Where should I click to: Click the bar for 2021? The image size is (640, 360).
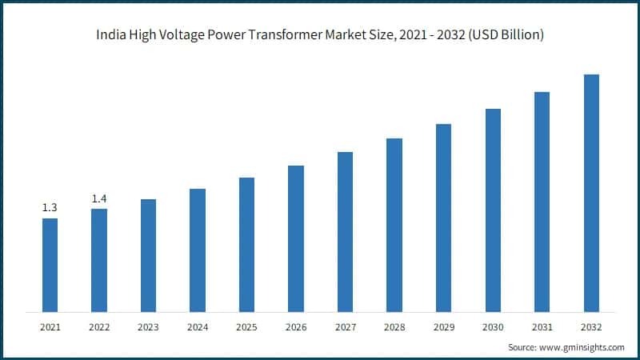(50, 265)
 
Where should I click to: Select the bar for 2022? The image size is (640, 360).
(99, 260)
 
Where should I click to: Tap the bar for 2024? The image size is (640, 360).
(198, 250)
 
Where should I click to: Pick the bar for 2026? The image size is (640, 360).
(296, 238)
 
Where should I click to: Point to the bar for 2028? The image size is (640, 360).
(394, 225)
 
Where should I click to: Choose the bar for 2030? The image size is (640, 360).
(493, 210)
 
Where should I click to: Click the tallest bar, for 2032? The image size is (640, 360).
(591, 193)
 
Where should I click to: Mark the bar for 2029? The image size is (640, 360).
(443, 218)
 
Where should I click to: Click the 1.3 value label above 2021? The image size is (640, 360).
(50, 208)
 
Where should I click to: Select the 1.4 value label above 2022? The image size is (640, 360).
(99, 198)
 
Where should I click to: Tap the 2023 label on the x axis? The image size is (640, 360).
(148, 326)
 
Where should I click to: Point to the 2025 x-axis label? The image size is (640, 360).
(246, 326)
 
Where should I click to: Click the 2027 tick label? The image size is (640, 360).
(345, 326)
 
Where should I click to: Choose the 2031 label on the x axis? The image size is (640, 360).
(542, 326)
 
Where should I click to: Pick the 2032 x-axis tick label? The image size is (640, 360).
(591, 326)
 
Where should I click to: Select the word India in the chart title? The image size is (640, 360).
(110, 35)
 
